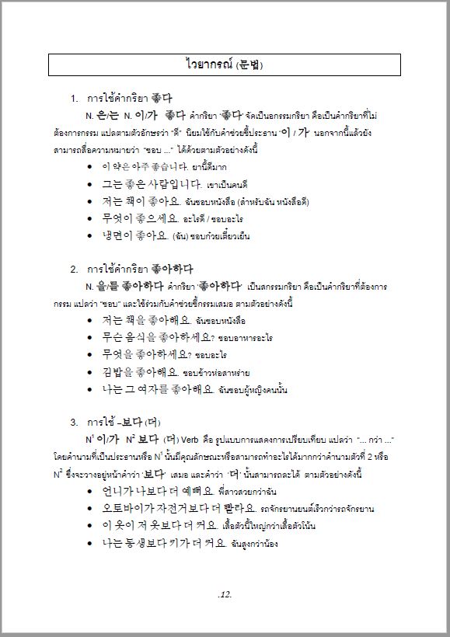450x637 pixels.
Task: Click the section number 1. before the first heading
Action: (75, 99)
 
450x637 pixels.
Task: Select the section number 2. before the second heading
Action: (75, 270)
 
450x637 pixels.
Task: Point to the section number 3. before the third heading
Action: (75, 423)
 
